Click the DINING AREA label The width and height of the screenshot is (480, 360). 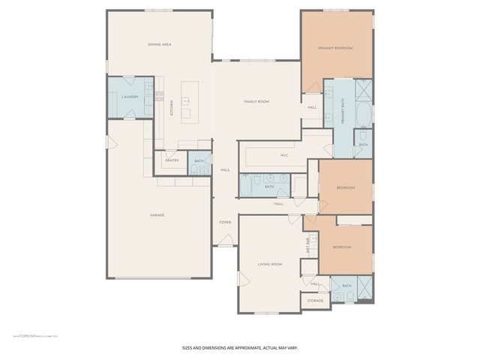click(x=160, y=45)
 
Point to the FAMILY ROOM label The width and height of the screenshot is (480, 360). click(x=256, y=101)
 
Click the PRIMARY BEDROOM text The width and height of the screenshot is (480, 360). click(x=335, y=48)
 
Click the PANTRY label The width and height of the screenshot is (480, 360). click(x=171, y=160)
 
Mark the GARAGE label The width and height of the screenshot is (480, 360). click(x=157, y=215)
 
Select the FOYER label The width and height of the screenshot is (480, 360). click(x=224, y=223)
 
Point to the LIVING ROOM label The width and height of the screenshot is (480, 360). click(x=269, y=264)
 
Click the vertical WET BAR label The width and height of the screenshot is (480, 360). click(x=307, y=246)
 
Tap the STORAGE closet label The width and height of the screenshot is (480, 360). click(x=315, y=301)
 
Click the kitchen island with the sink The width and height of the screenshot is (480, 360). click(x=187, y=106)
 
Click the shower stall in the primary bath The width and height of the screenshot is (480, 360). click(x=364, y=90)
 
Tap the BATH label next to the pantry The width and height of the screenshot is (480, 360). click(x=199, y=161)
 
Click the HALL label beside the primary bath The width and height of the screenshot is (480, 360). click(x=312, y=107)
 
